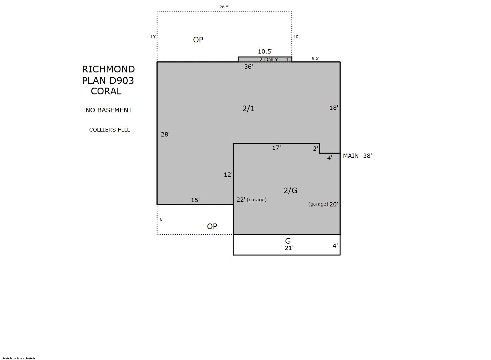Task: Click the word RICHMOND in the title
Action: click(108, 69)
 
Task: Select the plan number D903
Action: click(121, 80)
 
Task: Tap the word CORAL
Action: click(106, 91)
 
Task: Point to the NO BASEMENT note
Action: click(109, 110)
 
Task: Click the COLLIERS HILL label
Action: click(109, 130)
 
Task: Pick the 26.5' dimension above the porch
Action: click(224, 7)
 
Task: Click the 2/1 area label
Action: click(248, 108)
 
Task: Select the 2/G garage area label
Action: click(290, 190)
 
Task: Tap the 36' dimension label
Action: click(248, 67)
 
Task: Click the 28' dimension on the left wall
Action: click(165, 134)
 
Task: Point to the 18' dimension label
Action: click(334, 108)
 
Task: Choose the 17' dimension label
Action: click(276, 148)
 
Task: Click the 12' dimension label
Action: click(228, 175)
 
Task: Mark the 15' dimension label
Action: click(195, 200)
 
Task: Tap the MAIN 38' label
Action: click(357, 156)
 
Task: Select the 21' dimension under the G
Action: click(289, 248)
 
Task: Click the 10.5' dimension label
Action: click(265, 51)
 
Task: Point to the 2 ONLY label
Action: click(269, 59)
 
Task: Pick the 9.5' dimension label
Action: click(315, 59)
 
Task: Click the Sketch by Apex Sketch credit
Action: click(18, 358)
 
